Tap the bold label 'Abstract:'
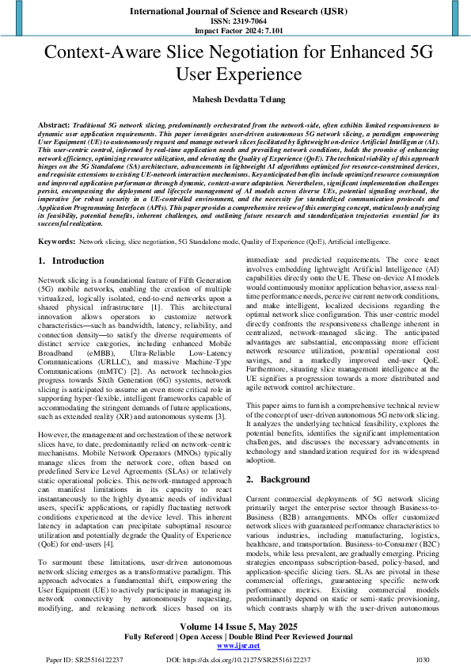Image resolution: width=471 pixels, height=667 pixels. (54, 126)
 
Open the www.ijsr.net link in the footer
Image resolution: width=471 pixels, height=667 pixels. (235, 645)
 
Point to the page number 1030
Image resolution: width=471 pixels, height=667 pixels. (423, 659)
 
